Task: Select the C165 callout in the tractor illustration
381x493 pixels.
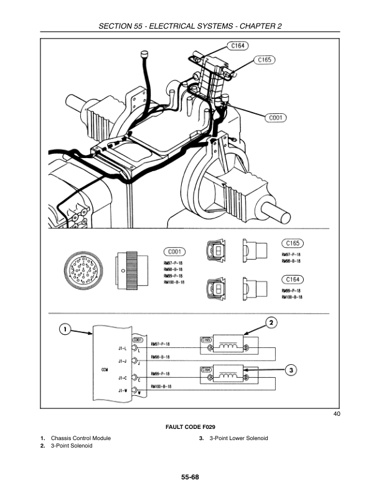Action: point(265,60)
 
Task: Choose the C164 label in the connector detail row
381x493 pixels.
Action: point(292,279)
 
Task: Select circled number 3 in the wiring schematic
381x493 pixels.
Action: point(290,370)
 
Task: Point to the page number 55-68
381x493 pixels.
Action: point(190,477)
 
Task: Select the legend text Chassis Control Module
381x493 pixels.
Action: point(80,438)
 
